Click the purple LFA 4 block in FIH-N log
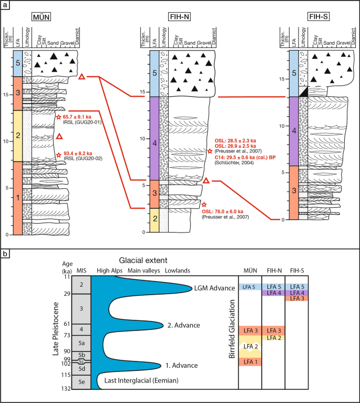(153, 138)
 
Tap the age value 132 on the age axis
(67, 389)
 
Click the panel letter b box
(5, 254)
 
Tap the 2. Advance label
(182, 325)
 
